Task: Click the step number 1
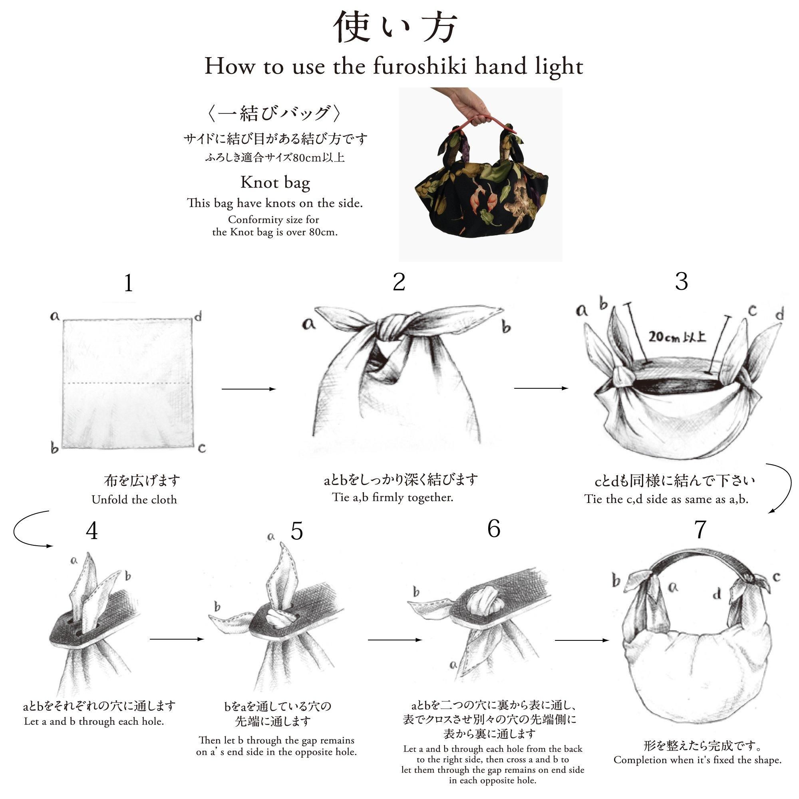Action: (x=129, y=283)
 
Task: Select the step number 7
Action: (x=700, y=529)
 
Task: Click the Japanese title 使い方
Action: (x=396, y=27)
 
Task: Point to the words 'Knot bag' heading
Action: (x=275, y=183)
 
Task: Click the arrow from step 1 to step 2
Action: (x=249, y=389)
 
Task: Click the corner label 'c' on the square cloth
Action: (x=202, y=448)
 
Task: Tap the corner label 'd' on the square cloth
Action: (x=199, y=317)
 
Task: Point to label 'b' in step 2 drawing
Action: (x=506, y=326)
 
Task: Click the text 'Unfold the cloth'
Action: (x=134, y=500)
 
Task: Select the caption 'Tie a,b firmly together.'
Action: (x=393, y=497)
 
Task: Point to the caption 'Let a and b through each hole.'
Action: (x=94, y=721)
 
